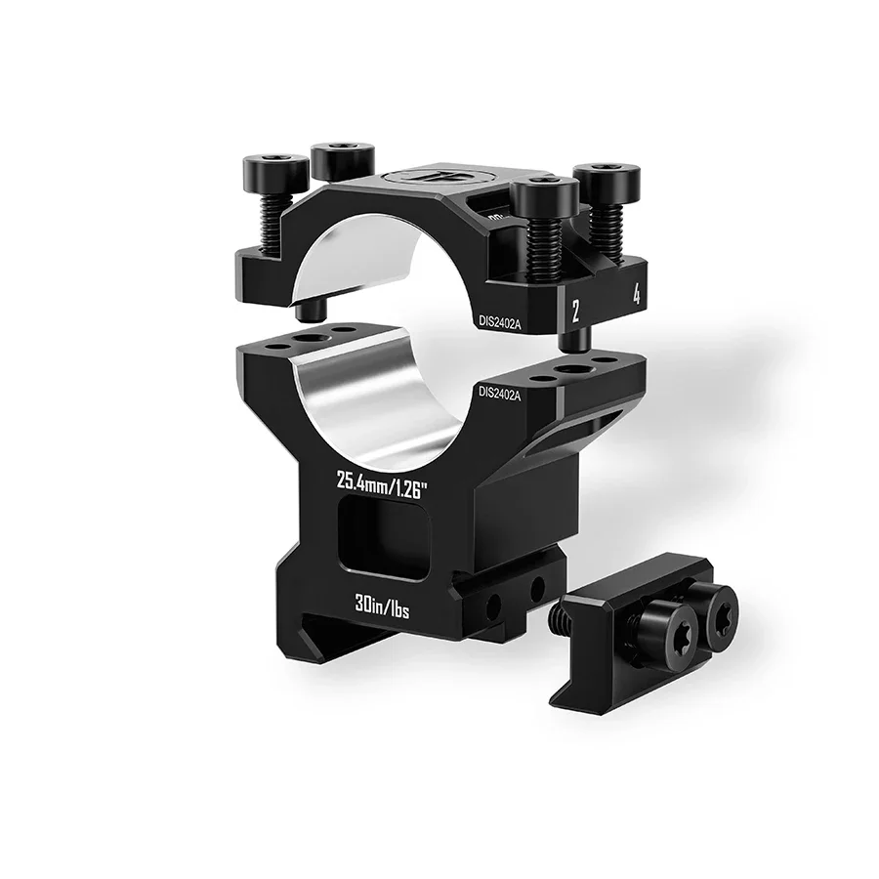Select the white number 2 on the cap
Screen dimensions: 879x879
(576, 311)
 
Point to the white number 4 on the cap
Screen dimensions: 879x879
(637, 294)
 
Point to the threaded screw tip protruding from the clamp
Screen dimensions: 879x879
(561, 616)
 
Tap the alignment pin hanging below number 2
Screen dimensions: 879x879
(577, 338)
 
